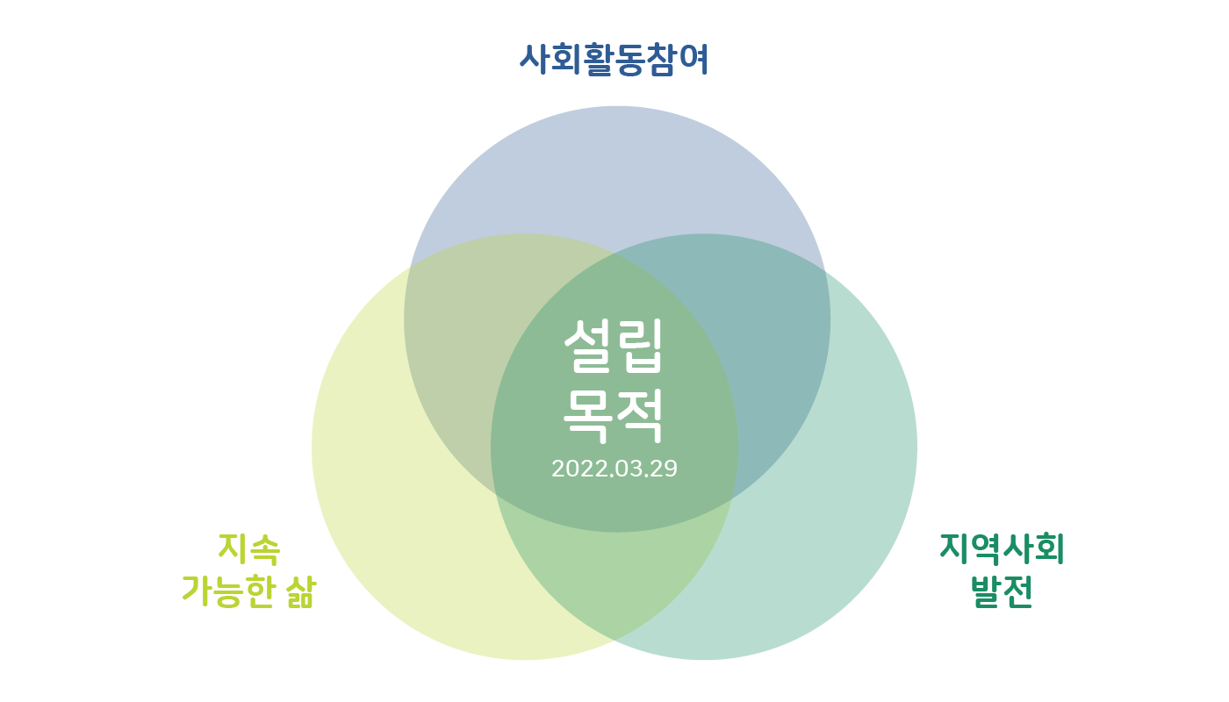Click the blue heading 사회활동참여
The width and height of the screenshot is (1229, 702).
point(614,60)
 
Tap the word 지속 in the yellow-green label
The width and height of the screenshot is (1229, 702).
point(248,550)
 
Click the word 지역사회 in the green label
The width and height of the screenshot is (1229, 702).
point(1002,549)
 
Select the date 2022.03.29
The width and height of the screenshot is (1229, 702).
point(614,469)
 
